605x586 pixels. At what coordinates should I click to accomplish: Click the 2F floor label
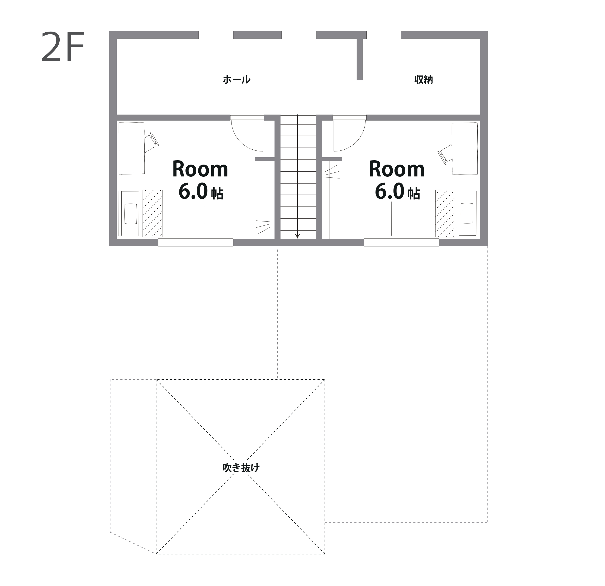coord(63,47)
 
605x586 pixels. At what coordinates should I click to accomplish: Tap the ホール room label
coord(237,79)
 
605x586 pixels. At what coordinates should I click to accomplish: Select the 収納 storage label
coord(424,80)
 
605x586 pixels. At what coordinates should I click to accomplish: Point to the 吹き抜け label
coord(241,468)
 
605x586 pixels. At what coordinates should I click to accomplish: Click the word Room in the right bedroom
coord(397,169)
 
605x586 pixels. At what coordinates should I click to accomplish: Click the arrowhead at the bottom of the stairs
coord(297,236)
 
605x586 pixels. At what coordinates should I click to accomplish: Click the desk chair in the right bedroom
coord(445,154)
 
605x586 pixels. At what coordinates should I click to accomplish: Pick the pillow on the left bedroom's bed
coord(131,214)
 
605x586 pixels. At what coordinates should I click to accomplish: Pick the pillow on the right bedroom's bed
coord(467,213)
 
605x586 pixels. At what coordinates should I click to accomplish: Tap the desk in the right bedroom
coord(465,148)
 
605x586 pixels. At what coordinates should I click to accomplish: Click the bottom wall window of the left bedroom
coord(195,242)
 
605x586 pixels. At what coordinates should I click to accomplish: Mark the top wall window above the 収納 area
coord(384,35)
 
